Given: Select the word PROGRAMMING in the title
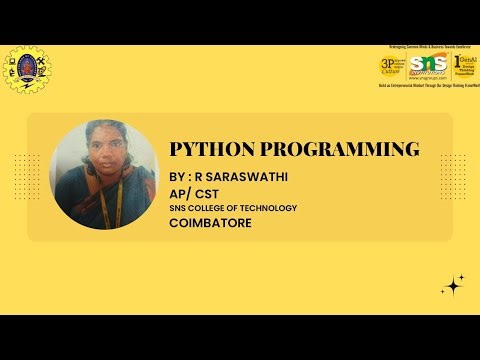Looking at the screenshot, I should (x=339, y=150).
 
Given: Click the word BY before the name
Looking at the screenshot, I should (x=177, y=176).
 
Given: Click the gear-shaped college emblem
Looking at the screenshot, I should (x=27, y=71).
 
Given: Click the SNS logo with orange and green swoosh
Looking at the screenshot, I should (x=427, y=67).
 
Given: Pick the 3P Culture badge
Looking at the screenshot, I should (x=392, y=66).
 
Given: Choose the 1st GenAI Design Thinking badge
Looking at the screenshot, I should (x=462, y=66).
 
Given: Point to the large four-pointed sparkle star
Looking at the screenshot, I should (x=454, y=287).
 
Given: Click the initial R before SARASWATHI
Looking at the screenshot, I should (x=199, y=176).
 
